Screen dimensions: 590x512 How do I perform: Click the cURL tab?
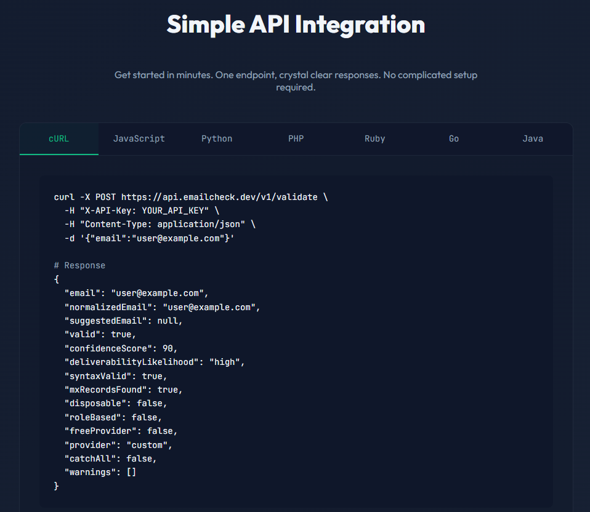point(59,138)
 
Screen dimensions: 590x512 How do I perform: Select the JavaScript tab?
point(139,138)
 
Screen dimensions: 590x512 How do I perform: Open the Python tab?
point(217,138)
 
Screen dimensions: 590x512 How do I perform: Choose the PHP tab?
point(296,138)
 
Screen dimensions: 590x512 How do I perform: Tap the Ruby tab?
point(374,138)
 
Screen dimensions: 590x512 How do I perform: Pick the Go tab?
point(454,138)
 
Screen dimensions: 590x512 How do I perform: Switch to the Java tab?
point(533,138)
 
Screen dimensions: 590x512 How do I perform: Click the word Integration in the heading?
point(360,25)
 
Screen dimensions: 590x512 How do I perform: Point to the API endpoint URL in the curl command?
point(219,197)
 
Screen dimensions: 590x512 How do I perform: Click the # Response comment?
point(79,265)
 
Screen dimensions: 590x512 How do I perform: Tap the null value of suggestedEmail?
point(170,321)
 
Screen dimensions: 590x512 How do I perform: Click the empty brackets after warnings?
point(131,472)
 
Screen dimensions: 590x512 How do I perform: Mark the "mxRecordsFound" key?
point(108,390)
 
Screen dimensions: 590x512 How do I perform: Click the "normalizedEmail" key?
point(108,307)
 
